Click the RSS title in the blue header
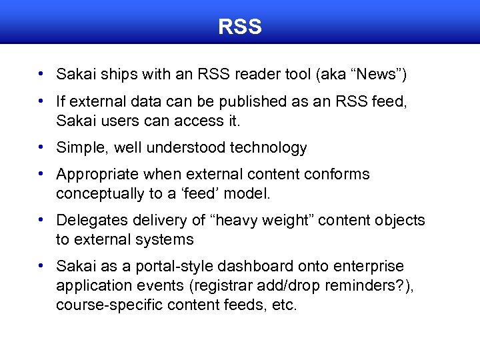(x=240, y=27)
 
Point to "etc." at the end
(x=283, y=305)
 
